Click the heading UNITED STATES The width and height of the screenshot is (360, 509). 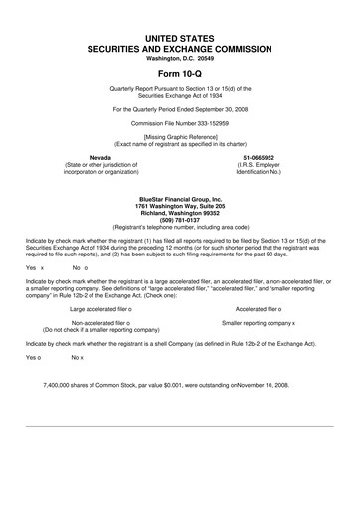[x=179, y=37]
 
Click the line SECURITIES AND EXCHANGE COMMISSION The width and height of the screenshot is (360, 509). [x=179, y=47]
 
